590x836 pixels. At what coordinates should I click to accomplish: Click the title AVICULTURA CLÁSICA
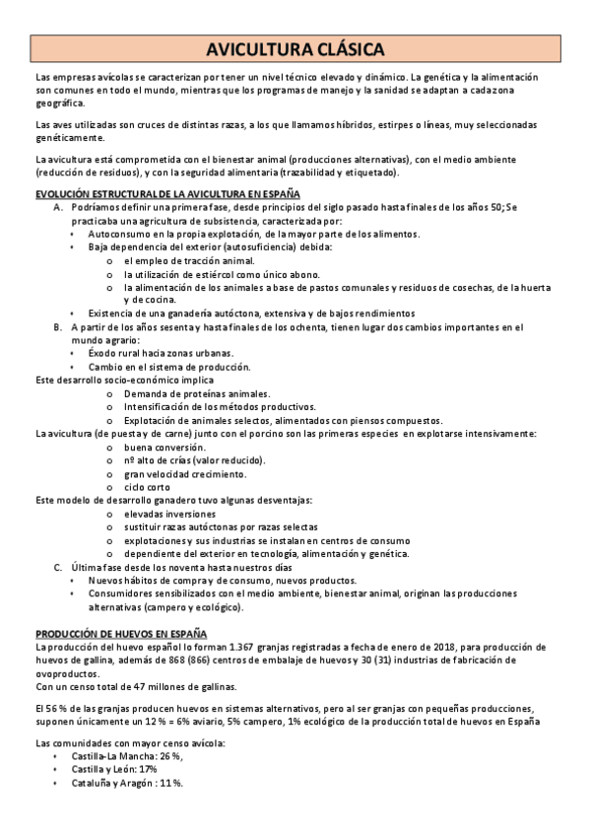(x=295, y=49)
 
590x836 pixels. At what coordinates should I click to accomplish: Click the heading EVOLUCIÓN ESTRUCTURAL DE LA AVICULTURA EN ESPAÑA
(x=167, y=193)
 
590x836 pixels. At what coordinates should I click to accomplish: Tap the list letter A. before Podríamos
(x=59, y=208)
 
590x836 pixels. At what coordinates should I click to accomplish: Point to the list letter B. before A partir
(x=59, y=326)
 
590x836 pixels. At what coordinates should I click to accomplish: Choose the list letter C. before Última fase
(x=59, y=568)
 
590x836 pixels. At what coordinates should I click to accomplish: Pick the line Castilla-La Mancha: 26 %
(x=128, y=755)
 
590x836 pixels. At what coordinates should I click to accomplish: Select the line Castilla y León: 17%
(x=115, y=768)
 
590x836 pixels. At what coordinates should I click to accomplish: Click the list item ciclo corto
(x=148, y=487)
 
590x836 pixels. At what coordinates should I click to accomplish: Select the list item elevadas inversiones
(x=169, y=514)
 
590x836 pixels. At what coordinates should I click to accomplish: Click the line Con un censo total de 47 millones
(x=135, y=686)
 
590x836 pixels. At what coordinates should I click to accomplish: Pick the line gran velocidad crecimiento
(x=183, y=473)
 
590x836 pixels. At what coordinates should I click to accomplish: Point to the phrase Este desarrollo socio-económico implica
(x=124, y=380)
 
